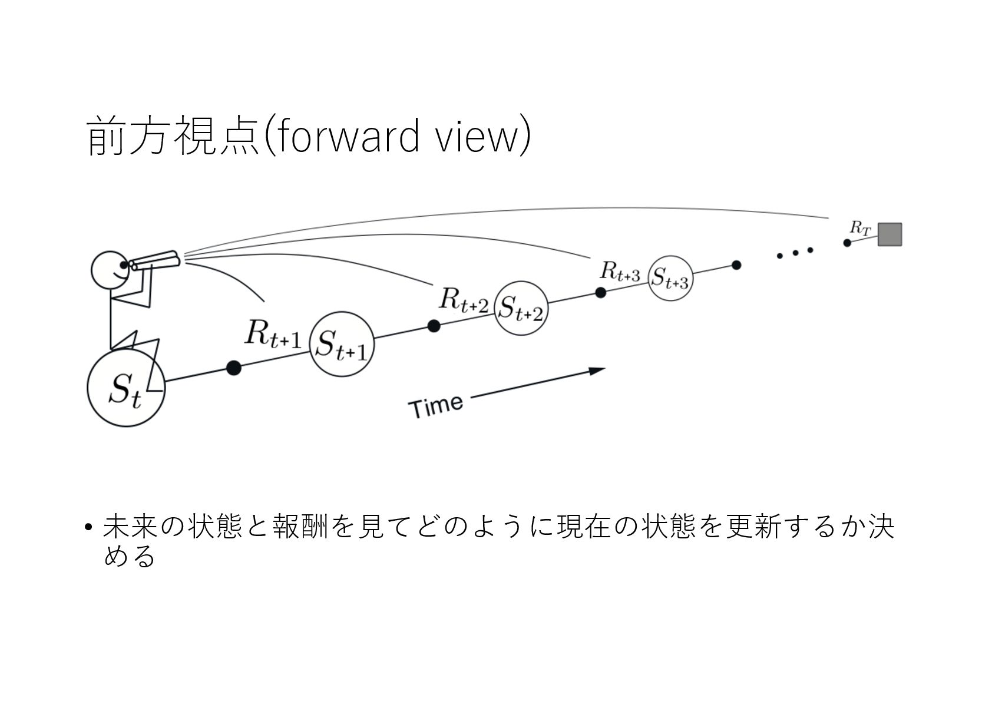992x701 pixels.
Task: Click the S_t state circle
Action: pos(126,388)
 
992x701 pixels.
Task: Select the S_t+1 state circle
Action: pos(342,344)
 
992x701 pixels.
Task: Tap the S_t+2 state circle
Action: pos(521,309)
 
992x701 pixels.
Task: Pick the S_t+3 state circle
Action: pos(670,278)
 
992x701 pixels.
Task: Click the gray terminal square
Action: pos(890,234)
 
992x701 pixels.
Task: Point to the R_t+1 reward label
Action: pos(273,334)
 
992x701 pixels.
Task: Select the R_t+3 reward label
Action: pos(620,272)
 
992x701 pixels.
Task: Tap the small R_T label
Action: pos(859,228)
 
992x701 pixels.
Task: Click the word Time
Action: pos(436,406)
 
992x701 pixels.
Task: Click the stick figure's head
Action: pos(110,270)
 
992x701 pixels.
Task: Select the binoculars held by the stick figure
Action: pos(154,260)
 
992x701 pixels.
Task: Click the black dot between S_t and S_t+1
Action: pos(234,368)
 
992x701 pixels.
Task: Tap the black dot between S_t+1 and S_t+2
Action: pos(434,326)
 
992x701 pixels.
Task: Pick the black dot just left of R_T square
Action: pos(847,243)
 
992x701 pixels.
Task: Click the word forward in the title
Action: pos(348,137)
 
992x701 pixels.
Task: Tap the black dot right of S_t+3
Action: pos(736,265)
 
